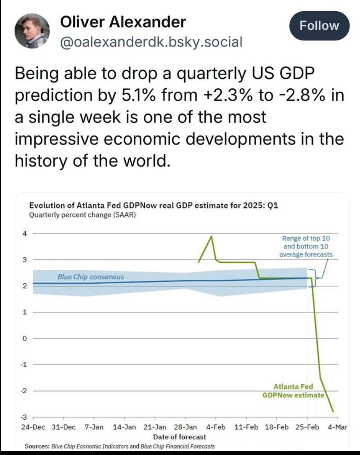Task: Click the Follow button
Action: tap(320, 26)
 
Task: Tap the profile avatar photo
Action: tap(32, 33)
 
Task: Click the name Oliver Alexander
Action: tap(123, 22)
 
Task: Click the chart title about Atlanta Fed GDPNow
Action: tap(154, 206)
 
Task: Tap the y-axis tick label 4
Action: tap(24, 233)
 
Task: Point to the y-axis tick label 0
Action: tap(24, 339)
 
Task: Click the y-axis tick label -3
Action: tap(24, 417)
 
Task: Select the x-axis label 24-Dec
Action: tap(32, 427)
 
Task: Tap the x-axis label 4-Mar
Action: tap(336, 427)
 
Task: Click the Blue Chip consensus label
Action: tap(90, 277)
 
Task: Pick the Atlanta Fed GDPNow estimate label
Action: tap(293, 391)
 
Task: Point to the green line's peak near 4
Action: tap(211, 237)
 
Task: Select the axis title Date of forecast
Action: tap(180, 437)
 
